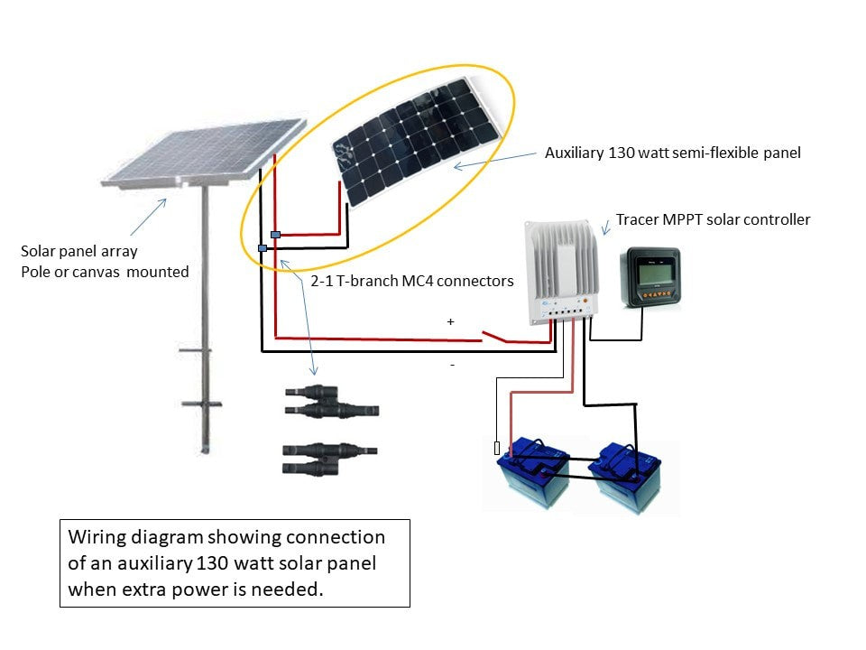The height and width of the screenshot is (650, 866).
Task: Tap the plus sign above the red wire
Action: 450,321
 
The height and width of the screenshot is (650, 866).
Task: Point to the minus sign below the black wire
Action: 452,365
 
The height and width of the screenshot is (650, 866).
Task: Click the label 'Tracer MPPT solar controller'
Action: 713,219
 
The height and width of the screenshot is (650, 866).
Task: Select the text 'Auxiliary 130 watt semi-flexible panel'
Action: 673,153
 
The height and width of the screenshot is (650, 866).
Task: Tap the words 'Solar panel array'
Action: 79,250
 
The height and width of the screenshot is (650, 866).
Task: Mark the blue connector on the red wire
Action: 275,235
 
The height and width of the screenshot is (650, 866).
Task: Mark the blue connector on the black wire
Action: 262,247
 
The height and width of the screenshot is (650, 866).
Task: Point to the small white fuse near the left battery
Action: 497,448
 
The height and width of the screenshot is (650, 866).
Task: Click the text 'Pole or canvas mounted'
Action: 106,271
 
